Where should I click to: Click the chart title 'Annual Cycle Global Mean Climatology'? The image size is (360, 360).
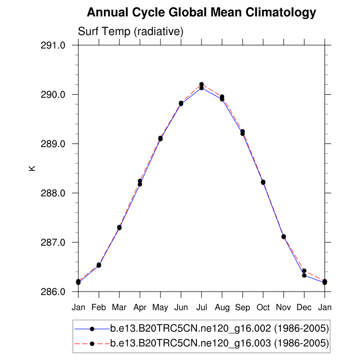[x=202, y=12]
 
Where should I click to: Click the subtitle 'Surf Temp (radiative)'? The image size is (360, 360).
[x=131, y=32]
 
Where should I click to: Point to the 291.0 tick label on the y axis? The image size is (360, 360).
[x=53, y=45]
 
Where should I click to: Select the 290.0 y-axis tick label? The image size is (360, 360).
[x=53, y=95]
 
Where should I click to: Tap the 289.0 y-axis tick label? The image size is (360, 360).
[x=53, y=144]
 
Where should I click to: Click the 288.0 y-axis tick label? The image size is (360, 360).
[x=53, y=193]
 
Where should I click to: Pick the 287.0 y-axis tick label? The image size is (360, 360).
[x=53, y=242]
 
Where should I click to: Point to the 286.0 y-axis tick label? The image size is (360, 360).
[x=53, y=292]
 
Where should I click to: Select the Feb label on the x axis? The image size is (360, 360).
[x=99, y=307]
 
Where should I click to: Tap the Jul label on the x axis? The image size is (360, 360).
[x=202, y=307]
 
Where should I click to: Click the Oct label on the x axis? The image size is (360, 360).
[x=263, y=307]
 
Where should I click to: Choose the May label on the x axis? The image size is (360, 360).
[x=160, y=307]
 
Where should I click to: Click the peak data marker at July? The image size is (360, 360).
[x=202, y=85]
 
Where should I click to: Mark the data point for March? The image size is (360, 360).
[x=119, y=227]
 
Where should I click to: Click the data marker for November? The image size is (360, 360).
[x=283, y=237]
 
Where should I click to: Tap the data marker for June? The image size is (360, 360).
[x=181, y=103]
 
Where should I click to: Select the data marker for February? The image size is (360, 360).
[x=99, y=265]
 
